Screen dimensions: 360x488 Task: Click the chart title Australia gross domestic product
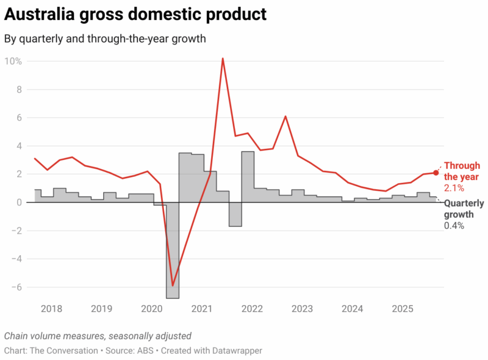pos(135,14)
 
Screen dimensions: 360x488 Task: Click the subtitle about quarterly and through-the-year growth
pos(105,38)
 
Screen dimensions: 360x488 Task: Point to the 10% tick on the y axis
pos(13,61)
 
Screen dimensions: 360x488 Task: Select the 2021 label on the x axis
pos(201,309)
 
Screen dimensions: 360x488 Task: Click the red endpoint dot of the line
pos(436,173)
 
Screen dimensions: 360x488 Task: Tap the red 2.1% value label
pos(455,187)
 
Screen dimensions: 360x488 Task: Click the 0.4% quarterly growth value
pos(454,226)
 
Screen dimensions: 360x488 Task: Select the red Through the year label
pos(462,171)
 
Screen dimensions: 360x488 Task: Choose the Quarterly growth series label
pos(464,209)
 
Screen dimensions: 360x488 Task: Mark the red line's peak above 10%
pos(223,59)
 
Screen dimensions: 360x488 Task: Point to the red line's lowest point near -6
pos(173,285)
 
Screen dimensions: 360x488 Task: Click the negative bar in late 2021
pos(235,214)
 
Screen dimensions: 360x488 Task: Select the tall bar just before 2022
pos(248,177)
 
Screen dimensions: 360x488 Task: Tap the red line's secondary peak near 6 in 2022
pos(285,117)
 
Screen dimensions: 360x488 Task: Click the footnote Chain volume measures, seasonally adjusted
pos(98,336)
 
